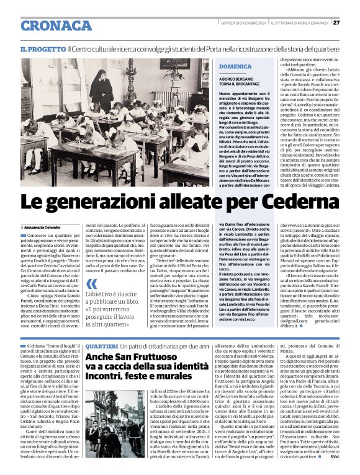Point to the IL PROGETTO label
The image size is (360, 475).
(x=42, y=49)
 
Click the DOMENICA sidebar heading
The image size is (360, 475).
(x=235, y=66)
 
